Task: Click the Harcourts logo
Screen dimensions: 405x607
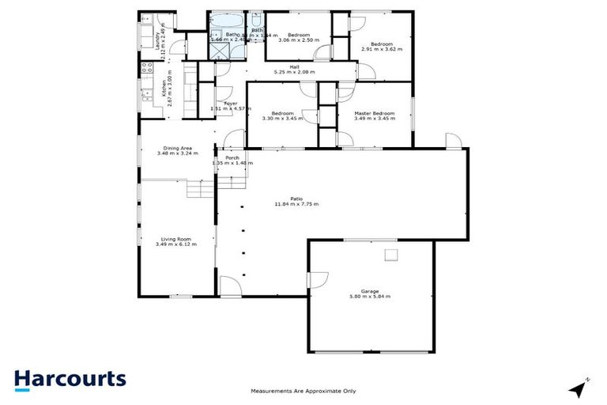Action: pyautogui.click(x=70, y=379)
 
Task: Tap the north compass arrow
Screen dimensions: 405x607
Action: pyautogui.click(x=579, y=388)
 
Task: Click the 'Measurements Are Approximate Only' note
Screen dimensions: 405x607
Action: pyautogui.click(x=303, y=391)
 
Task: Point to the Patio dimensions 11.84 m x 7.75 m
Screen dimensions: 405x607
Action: pyautogui.click(x=296, y=204)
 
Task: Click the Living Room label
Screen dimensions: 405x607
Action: pyautogui.click(x=176, y=238)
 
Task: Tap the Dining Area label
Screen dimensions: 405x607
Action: pyautogui.click(x=176, y=148)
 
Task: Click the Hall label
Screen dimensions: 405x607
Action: pyautogui.click(x=294, y=66)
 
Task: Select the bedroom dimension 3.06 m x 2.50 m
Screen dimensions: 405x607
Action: pyautogui.click(x=298, y=40)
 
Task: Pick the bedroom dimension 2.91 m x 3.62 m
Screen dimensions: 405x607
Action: pyautogui.click(x=382, y=48)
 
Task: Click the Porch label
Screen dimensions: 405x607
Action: pyautogui.click(x=232, y=158)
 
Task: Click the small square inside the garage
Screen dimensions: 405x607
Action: pyautogui.click(x=390, y=254)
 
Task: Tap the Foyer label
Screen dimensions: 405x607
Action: pyautogui.click(x=231, y=104)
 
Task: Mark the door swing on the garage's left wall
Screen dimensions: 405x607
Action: pyautogui.click(x=318, y=278)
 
